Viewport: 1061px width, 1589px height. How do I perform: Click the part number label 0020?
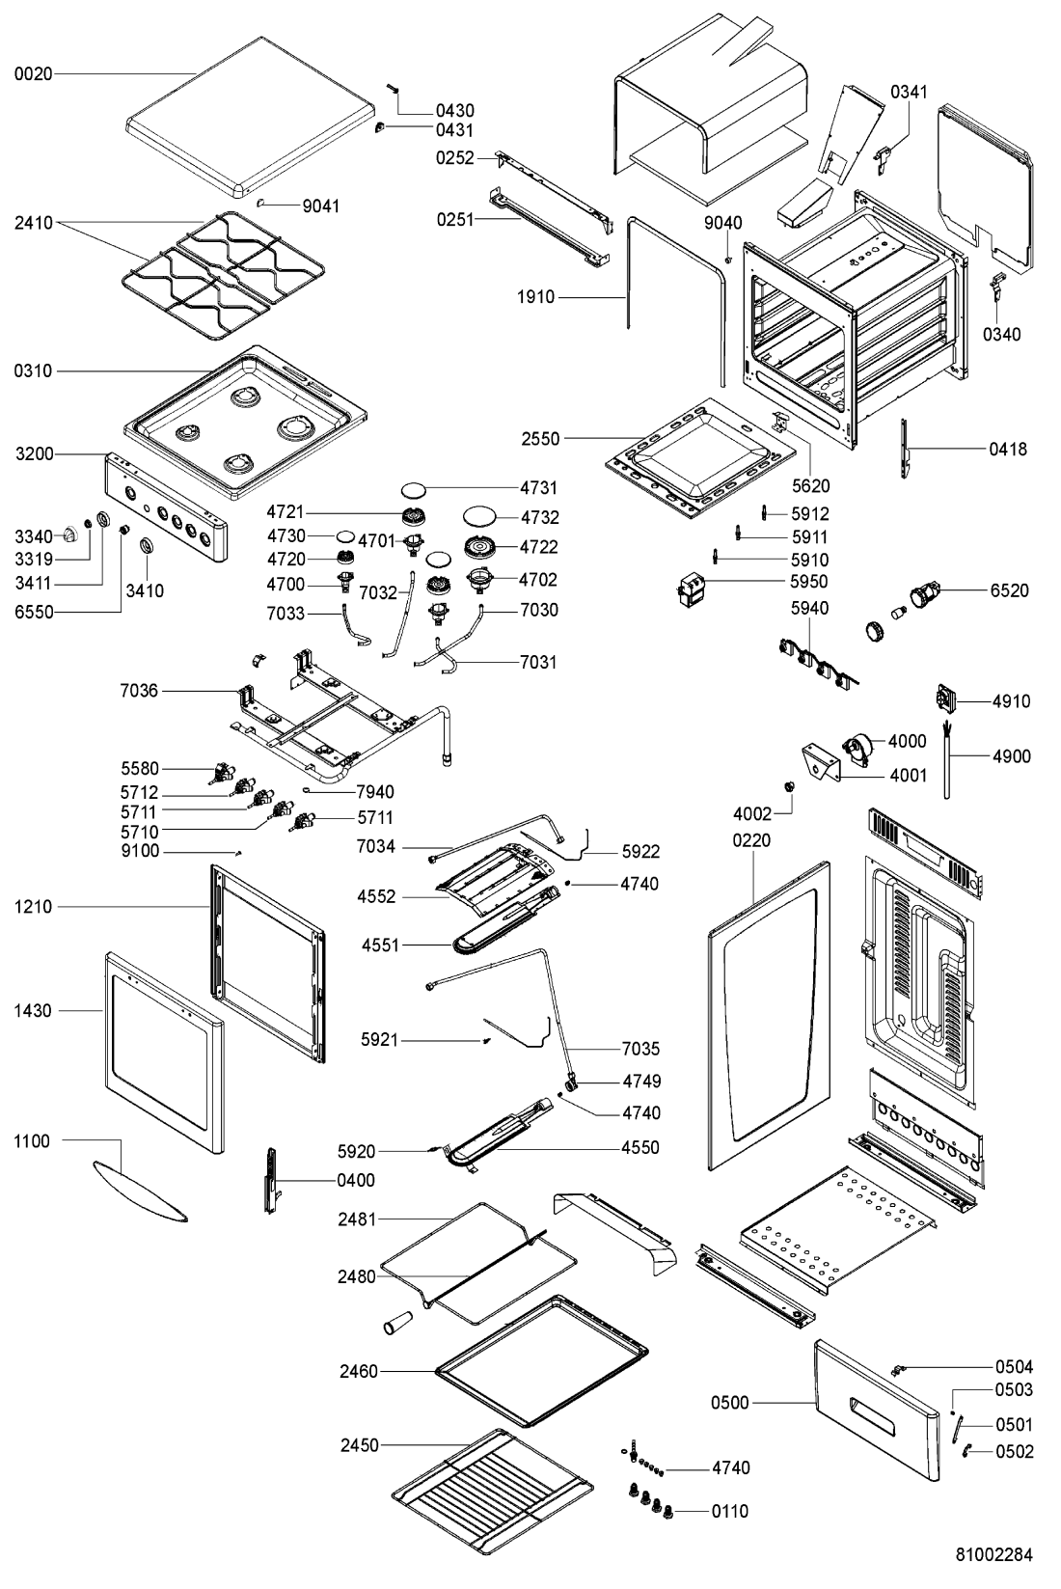[33, 72]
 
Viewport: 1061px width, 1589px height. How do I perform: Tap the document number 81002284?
[993, 1554]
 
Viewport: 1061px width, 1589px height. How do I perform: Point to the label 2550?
[540, 439]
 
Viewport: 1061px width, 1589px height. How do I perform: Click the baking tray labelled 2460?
[540, 1360]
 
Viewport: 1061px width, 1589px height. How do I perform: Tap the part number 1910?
[535, 297]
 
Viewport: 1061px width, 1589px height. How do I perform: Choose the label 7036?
[139, 691]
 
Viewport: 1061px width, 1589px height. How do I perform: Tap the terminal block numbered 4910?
[947, 699]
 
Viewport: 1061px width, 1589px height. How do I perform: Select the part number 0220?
[751, 840]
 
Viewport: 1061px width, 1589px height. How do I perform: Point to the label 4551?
[381, 945]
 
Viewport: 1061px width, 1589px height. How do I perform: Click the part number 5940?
[809, 608]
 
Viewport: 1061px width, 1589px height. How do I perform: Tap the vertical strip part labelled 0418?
[906, 449]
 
